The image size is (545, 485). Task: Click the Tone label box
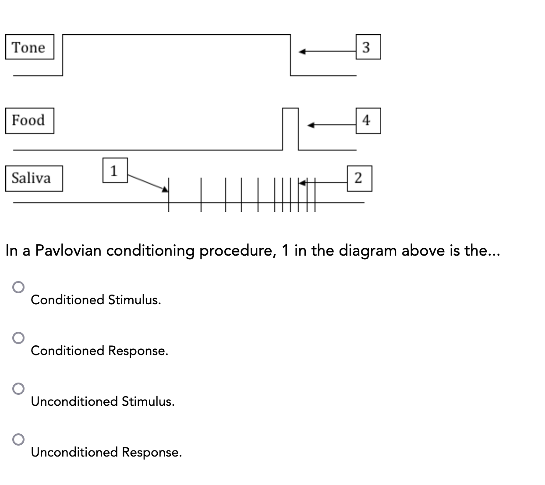pos(29,47)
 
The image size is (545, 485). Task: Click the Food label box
pos(29,120)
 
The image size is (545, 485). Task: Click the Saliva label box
pos(34,178)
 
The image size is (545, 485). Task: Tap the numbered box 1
pos(115,170)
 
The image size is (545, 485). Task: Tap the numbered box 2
pos(359,178)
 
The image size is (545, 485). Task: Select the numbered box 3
pos(368,47)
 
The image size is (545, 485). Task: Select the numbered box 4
pos(368,120)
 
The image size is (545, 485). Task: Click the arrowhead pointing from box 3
pos(302,52)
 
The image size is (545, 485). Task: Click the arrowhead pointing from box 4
pos(311,126)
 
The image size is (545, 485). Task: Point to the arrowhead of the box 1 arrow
pos(165,189)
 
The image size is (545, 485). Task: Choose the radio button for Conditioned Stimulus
pos(18,287)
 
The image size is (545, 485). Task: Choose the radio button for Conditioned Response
pos(18,337)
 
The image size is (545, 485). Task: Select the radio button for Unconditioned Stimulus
pos(18,389)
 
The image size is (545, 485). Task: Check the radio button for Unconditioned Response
pos(18,439)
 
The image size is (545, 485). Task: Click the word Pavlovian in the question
pos(69,251)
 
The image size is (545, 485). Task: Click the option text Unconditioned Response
pos(106,452)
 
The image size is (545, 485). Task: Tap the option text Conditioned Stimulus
pos(96,300)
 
